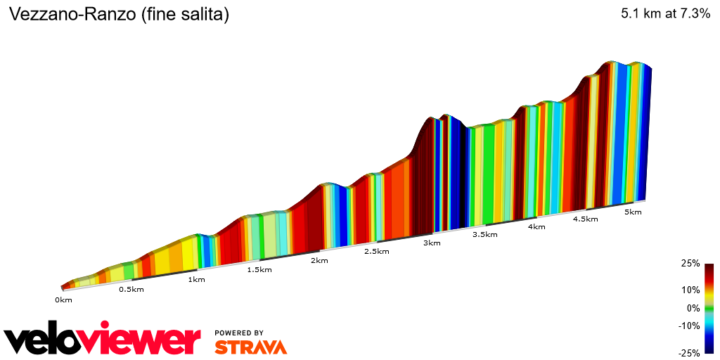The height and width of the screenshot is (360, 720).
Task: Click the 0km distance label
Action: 63,300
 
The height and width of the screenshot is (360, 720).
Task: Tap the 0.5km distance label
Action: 131,290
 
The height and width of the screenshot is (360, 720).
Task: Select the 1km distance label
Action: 196,280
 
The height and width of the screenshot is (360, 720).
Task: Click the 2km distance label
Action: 319,261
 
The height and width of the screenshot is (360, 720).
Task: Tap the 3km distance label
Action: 432,243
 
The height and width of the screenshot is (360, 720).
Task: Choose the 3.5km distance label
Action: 485,235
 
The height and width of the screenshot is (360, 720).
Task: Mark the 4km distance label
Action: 536,227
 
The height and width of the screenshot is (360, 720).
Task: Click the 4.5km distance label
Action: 585,219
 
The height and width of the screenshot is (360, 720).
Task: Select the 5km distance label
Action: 633,212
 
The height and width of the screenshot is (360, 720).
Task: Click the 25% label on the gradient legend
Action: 690,264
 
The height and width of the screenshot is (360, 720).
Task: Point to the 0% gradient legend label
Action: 693,308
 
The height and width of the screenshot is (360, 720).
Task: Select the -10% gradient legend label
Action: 689,326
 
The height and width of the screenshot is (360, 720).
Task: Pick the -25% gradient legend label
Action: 689,353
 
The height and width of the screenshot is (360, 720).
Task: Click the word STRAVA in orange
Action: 250,347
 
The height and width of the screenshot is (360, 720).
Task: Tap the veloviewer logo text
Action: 102,340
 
